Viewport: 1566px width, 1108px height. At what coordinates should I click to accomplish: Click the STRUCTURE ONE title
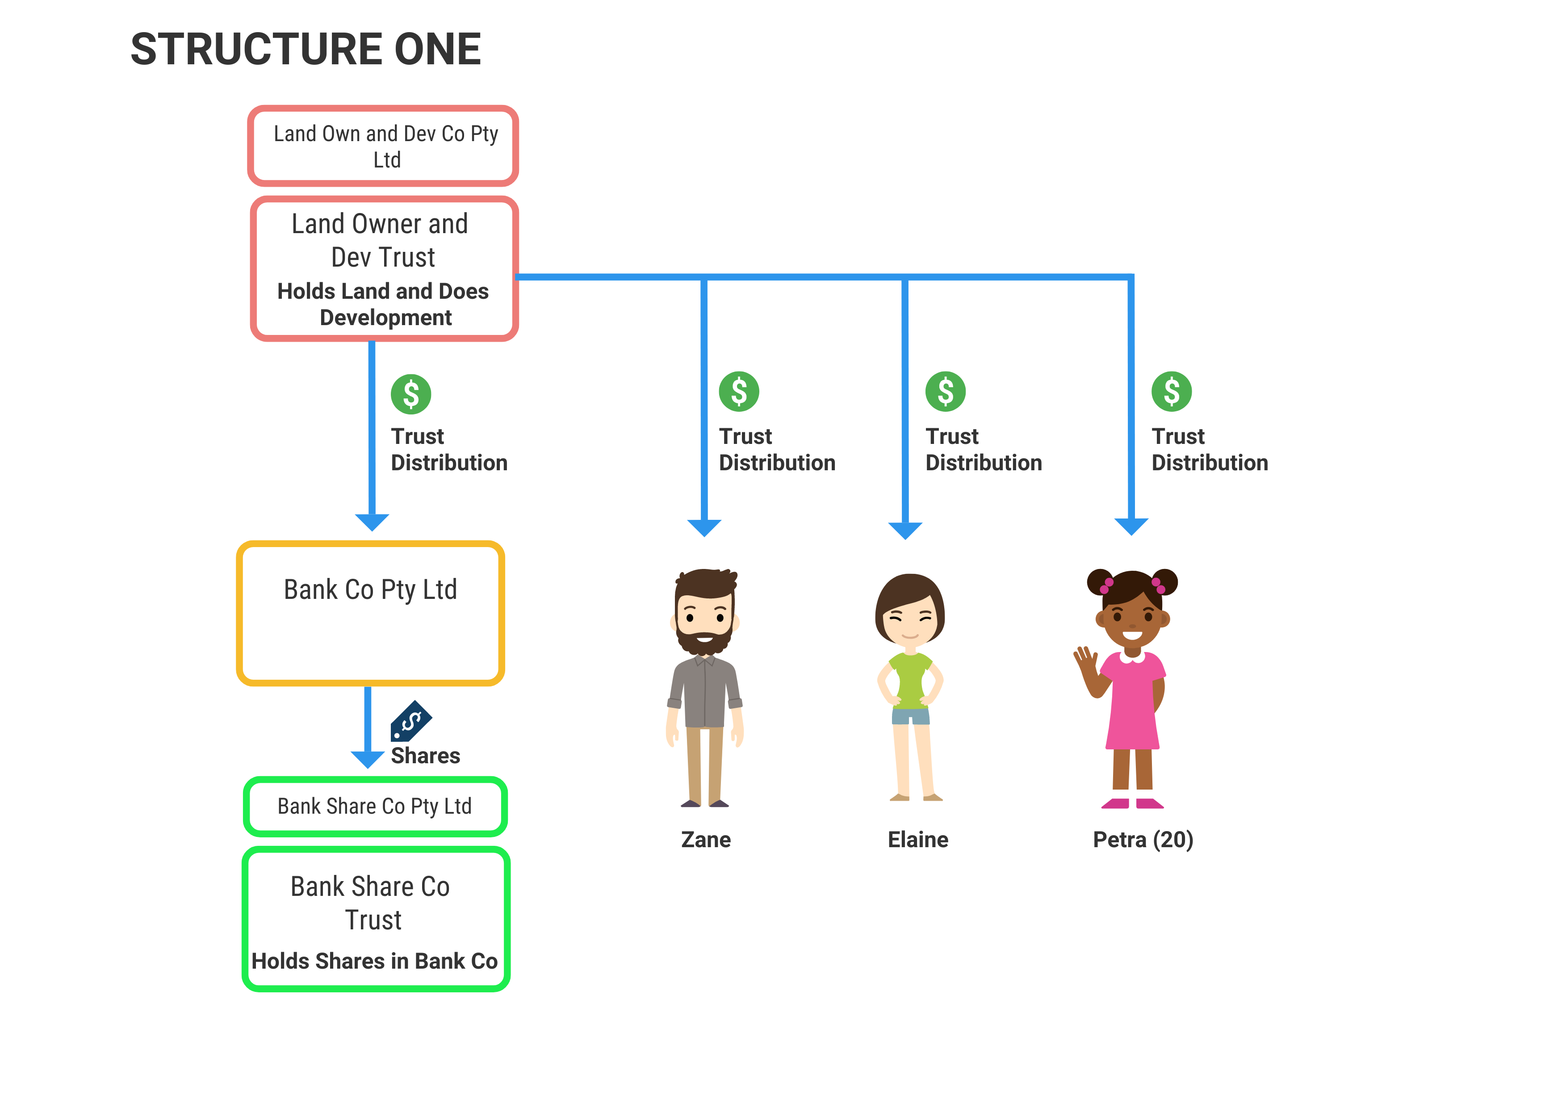(x=306, y=49)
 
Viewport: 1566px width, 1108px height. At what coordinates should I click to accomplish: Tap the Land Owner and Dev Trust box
(x=384, y=269)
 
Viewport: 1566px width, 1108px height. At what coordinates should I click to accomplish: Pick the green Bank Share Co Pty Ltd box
(x=375, y=807)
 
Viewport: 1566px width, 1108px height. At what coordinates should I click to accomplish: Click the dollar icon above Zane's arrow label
(x=739, y=392)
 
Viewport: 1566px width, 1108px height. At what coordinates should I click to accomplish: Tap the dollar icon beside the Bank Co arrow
(x=411, y=394)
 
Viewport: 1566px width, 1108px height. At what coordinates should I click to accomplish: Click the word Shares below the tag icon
(x=425, y=756)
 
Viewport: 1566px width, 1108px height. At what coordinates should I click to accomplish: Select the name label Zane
(x=706, y=840)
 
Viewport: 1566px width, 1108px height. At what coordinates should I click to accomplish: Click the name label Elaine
(x=918, y=840)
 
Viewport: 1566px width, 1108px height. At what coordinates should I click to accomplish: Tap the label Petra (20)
(x=1143, y=840)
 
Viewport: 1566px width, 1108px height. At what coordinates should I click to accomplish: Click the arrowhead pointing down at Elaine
(x=905, y=530)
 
